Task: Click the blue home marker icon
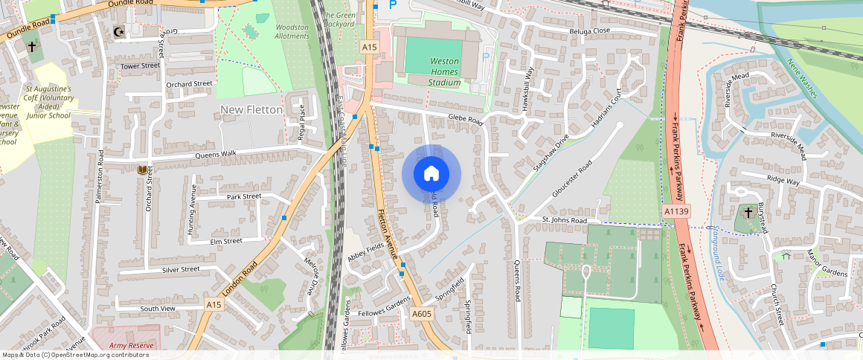point(431,174)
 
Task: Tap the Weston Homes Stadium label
point(445,71)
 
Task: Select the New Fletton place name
point(251,110)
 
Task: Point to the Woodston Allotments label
point(292,31)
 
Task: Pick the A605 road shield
point(422,315)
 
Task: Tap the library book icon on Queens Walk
point(142,170)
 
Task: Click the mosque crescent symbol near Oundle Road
point(117,31)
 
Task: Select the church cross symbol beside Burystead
point(748,212)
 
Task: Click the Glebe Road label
point(466,119)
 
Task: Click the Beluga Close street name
point(591,30)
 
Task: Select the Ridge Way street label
point(783,181)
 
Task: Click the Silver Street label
point(180,269)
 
